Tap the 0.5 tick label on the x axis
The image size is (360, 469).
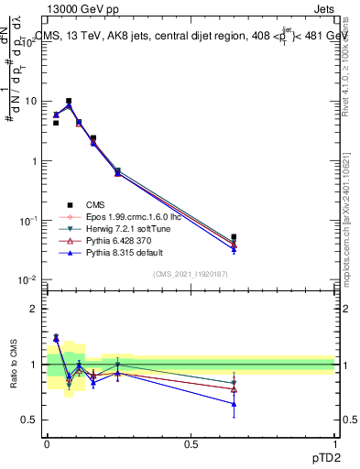coord(191,442)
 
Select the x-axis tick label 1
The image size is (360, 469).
coord(333,442)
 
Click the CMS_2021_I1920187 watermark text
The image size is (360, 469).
coord(191,274)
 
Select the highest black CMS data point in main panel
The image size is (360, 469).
coord(69,101)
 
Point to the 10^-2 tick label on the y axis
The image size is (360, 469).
coord(29,280)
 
